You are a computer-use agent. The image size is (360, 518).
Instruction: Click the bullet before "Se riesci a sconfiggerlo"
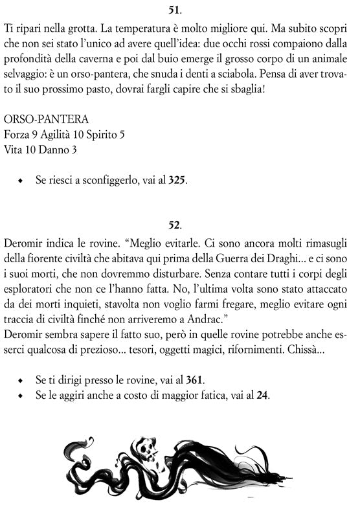click(21, 181)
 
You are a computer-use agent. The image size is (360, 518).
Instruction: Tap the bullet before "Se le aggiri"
click(21, 396)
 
